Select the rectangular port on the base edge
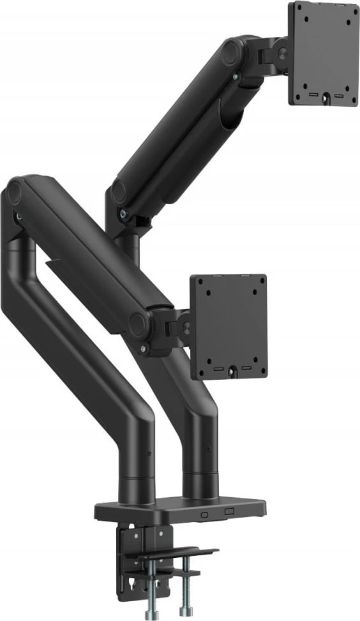click(229, 513)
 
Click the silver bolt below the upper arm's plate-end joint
click(236, 77)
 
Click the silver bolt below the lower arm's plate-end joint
click(143, 348)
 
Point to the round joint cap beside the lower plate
click(138, 324)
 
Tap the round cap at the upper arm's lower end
click(118, 192)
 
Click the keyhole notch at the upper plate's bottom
click(326, 97)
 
